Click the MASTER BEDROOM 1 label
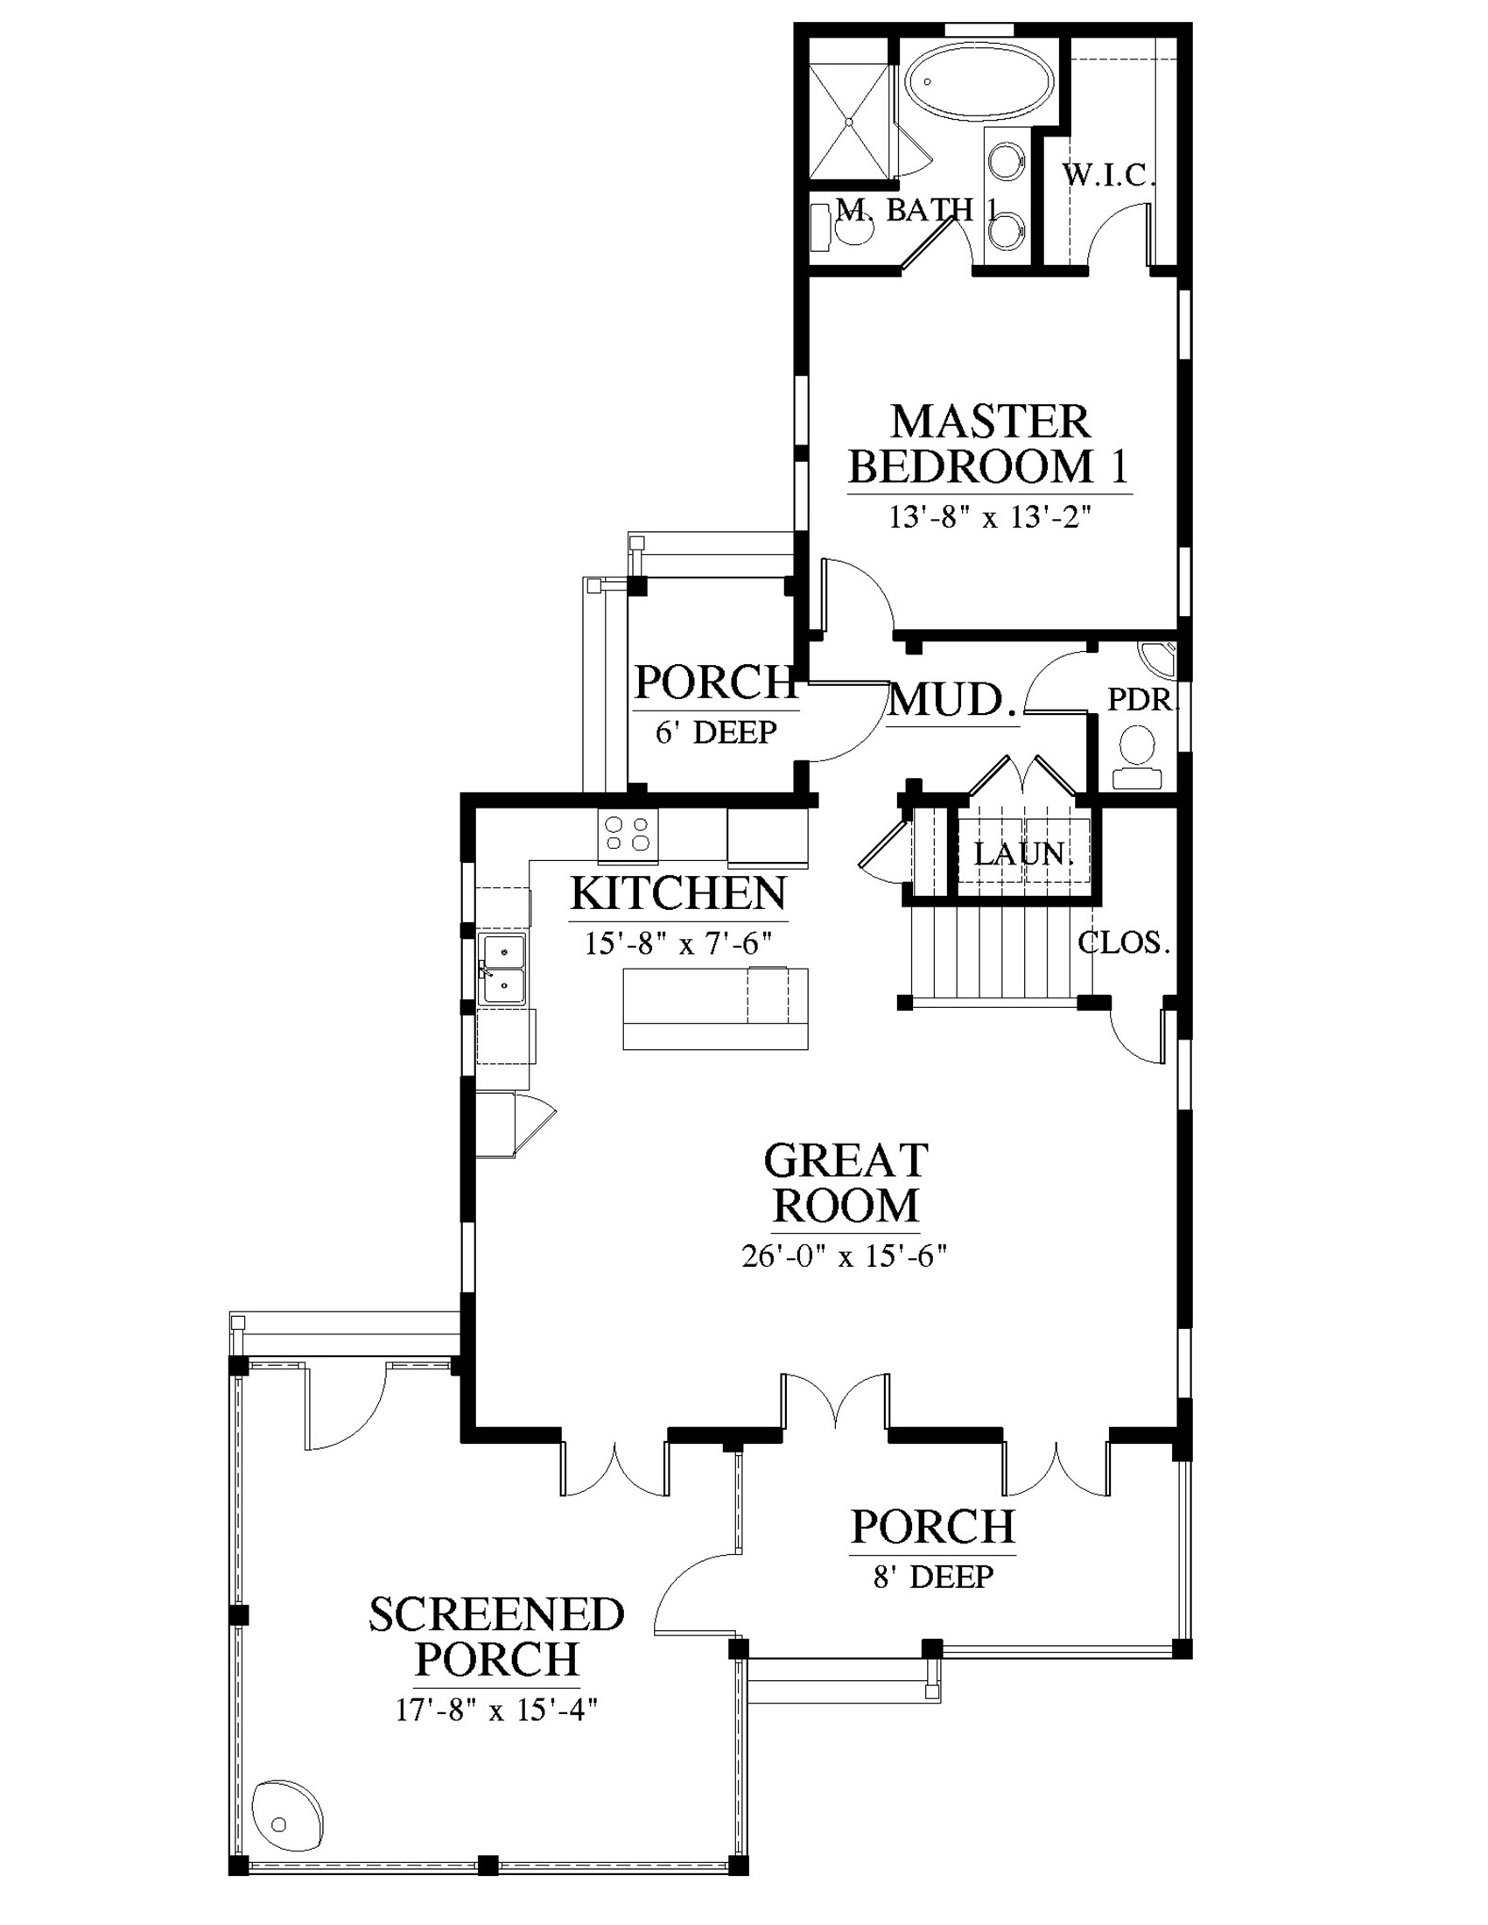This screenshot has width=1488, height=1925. (x=989, y=445)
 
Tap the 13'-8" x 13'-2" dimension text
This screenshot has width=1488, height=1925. (x=990, y=517)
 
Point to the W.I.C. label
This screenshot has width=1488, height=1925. (x=1108, y=175)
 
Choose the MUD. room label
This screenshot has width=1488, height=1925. (x=953, y=700)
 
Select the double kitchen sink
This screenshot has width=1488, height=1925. (x=502, y=969)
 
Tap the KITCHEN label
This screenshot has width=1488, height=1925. (x=678, y=893)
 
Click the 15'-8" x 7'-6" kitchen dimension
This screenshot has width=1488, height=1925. (x=677, y=944)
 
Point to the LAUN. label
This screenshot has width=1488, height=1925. (x=1022, y=853)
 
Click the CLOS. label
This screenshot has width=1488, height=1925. (x=1124, y=943)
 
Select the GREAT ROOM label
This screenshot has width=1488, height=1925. (x=846, y=1183)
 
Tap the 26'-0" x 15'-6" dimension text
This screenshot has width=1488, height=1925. (x=845, y=1256)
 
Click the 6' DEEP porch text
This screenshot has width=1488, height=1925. (x=716, y=732)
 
